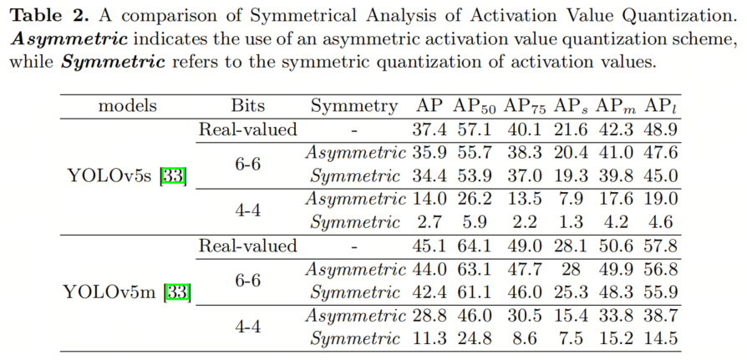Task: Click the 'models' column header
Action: (x=127, y=106)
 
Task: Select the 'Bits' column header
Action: (x=247, y=106)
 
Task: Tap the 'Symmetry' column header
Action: (x=354, y=106)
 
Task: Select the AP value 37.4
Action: (x=429, y=129)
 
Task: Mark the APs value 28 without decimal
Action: (x=570, y=269)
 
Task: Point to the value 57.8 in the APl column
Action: (x=660, y=246)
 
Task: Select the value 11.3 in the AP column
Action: (x=429, y=338)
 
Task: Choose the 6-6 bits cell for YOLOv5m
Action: (x=247, y=280)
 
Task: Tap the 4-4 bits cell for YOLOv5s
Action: (x=247, y=210)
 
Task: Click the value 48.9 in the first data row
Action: (x=660, y=129)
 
